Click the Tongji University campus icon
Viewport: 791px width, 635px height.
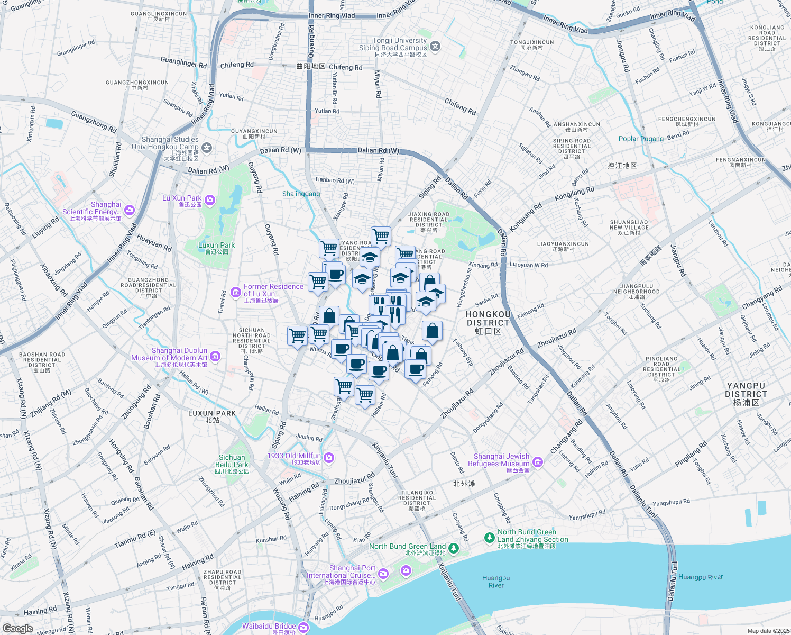[435, 47]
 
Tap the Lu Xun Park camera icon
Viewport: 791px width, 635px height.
[210, 199]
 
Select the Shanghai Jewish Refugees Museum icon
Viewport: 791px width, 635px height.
[538, 462]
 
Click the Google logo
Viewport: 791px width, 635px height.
[18, 628]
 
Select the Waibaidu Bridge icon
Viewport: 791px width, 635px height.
[303, 627]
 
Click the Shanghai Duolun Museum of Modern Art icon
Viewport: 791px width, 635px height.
[215, 357]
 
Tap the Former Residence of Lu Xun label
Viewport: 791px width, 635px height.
[273, 291]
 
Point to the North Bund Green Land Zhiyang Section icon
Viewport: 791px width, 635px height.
[490, 538]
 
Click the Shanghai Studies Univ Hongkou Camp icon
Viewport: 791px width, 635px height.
[207, 148]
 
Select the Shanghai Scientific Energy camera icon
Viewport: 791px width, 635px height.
[130, 210]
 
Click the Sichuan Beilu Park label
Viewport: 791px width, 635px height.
[232, 461]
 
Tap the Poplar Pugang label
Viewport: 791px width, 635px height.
[641, 139]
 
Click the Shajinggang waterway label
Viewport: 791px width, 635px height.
[301, 194]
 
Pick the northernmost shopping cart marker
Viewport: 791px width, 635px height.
[381, 235]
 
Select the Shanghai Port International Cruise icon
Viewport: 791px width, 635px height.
[383, 573]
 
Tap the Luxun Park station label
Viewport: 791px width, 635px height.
[212, 416]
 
